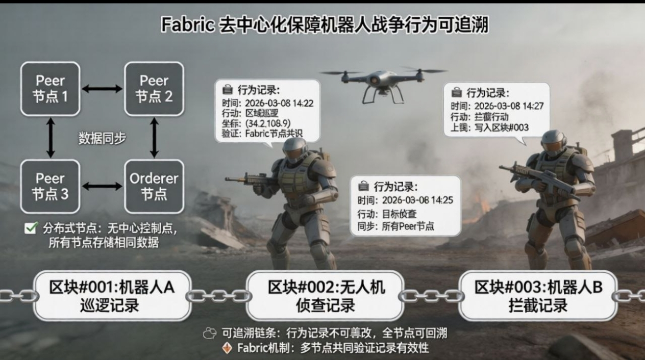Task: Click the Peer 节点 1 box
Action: tap(50, 89)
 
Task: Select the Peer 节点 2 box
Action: tap(154, 89)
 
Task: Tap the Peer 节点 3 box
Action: tap(50, 187)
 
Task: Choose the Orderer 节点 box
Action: tap(154, 187)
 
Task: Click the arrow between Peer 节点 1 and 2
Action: tap(102, 89)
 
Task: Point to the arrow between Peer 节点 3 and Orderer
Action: tap(102, 187)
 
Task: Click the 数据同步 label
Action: tap(102, 138)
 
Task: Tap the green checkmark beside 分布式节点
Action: tap(30, 228)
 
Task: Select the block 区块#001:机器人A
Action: tap(112, 296)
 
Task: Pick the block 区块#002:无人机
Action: tap(325, 296)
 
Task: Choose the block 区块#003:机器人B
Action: tap(538, 296)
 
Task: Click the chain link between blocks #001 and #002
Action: tap(218, 296)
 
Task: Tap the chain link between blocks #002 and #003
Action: tap(431, 296)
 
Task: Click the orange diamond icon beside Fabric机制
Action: tap(228, 348)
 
